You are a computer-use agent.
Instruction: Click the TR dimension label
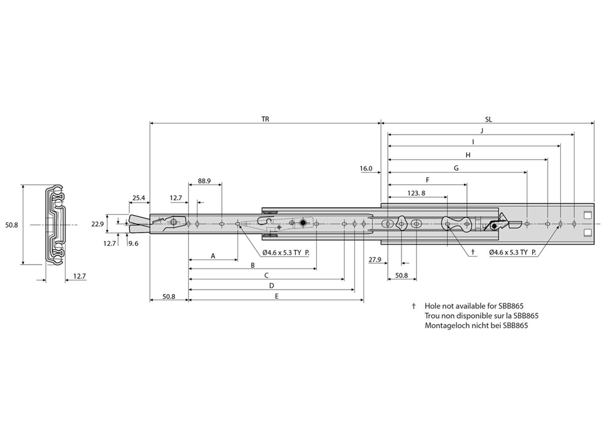[x=265, y=120]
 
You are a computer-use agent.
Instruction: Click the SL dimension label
[x=488, y=120]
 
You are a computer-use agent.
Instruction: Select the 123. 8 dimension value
[x=416, y=193]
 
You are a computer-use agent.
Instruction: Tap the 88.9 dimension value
[x=205, y=180]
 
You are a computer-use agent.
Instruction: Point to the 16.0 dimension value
[x=366, y=168]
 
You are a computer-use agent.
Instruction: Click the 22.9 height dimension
[x=98, y=224]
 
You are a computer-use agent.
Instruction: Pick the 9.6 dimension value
[x=134, y=243]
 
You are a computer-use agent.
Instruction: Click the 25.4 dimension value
[x=139, y=197]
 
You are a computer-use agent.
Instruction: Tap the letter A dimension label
[x=213, y=256]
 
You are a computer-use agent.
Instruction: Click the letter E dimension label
[x=276, y=296]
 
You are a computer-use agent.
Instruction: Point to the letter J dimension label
[x=481, y=131]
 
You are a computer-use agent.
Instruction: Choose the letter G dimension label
[x=456, y=168]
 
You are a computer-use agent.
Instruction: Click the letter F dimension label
[x=428, y=180]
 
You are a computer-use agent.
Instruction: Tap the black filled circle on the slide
[x=303, y=223]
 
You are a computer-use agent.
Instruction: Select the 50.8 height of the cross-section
[x=12, y=225]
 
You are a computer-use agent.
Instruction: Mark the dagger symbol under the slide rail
[x=473, y=252]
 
